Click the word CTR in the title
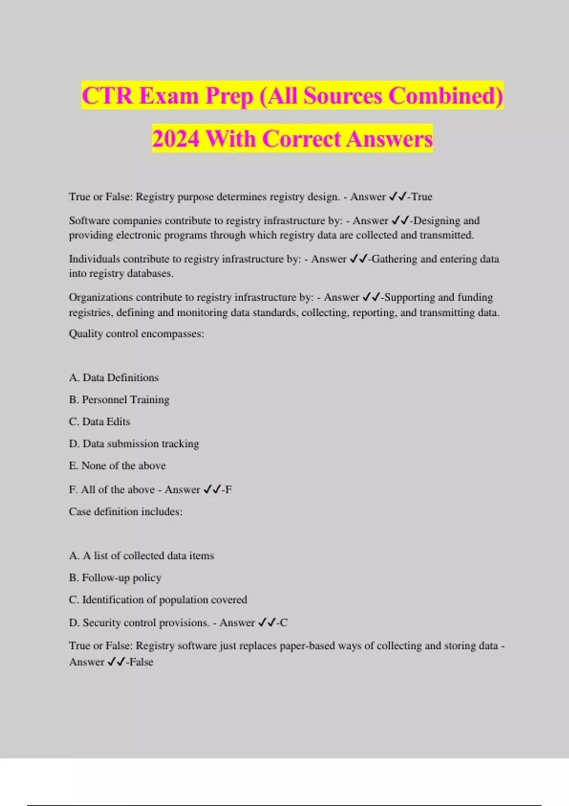tap(107, 96)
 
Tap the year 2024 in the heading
tap(175, 139)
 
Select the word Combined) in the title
tap(446, 96)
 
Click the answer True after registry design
tap(422, 197)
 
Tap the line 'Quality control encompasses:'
tap(137, 334)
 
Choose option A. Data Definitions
tap(114, 378)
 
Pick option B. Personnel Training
tap(119, 400)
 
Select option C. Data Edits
tap(100, 421)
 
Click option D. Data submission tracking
tap(134, 444)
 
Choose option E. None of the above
tap(117, 466)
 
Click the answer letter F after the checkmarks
tap(229, 490)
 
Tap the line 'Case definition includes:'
tap(126, 512)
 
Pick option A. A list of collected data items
tap(141, 556)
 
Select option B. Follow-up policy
tap(115, 577)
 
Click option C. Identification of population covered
tap(158, 600)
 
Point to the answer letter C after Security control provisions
tap(284, 623)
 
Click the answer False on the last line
tap(141, 662)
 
